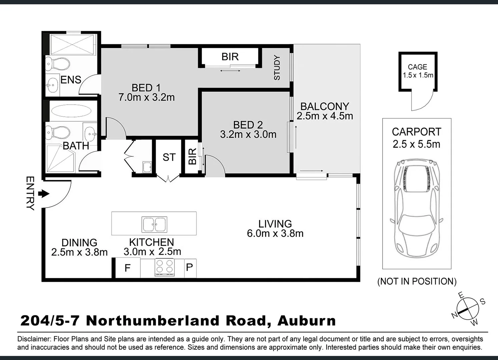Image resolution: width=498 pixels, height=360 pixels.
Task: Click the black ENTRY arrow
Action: point(44,194)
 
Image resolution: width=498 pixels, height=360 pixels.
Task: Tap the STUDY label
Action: point(277,68)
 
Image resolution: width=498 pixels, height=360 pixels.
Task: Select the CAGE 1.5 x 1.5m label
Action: point(418,71)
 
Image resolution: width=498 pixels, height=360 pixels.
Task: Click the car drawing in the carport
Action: point(417,210)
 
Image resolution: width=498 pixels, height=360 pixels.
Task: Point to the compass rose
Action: point(468,308)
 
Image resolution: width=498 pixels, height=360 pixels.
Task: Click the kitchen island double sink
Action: point(154,224)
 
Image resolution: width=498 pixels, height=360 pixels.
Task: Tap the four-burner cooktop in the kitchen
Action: point(165,267)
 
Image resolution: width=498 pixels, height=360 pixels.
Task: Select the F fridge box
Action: point(127,268)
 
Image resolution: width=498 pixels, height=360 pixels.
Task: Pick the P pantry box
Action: point(189,267)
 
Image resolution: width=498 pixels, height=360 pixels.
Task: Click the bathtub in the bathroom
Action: point(71,111)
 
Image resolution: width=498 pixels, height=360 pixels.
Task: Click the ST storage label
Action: point(169,157)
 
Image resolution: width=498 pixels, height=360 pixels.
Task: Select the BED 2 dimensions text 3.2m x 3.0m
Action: point(248,135)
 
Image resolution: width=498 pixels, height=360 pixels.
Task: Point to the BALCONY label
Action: point(325,106)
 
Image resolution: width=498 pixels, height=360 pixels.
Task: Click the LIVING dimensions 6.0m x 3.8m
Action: point(275,233)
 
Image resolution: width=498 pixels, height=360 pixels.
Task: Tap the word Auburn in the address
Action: point(307,321)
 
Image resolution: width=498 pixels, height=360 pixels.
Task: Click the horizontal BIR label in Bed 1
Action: point(230,57)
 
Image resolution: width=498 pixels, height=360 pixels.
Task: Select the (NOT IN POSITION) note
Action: point(417,281)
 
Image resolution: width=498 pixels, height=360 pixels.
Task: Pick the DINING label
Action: point(79,242)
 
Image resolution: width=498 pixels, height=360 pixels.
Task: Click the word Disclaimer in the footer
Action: point(33,339)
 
